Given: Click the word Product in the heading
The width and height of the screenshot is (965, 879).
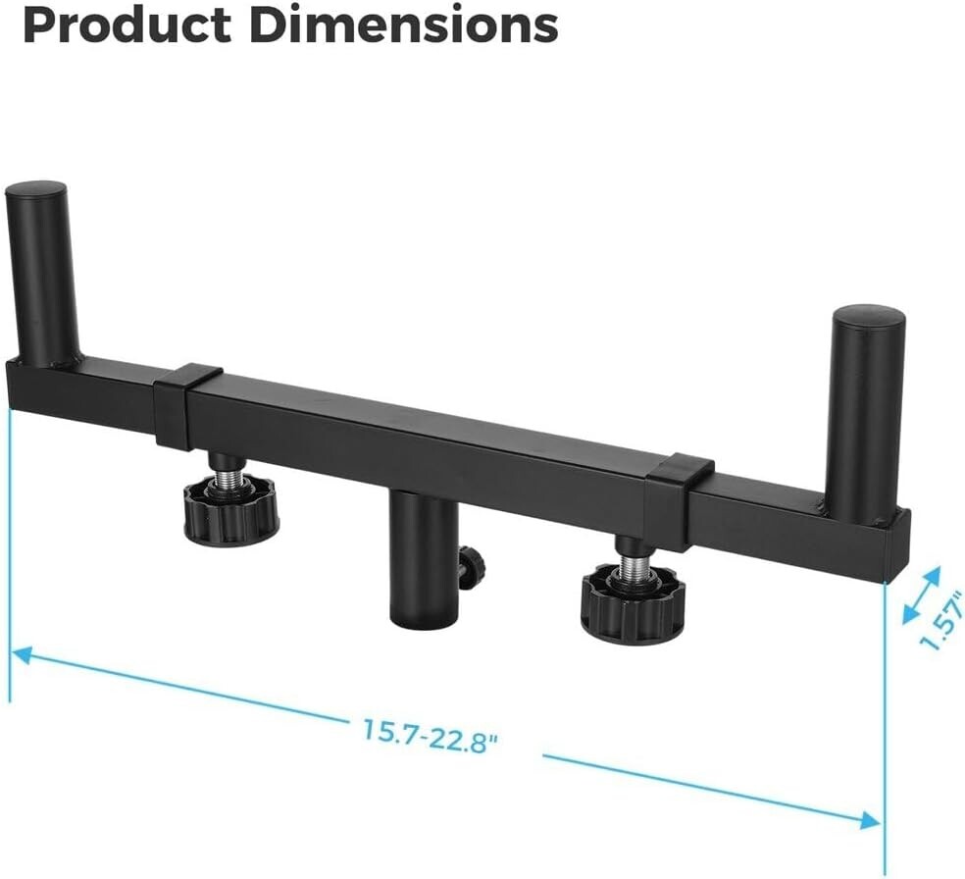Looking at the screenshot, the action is click(x=127, y=25).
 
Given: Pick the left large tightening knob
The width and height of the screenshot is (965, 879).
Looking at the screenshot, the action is click(x=231, y=511).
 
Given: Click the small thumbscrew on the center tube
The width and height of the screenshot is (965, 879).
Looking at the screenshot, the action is click(x=471, y=559).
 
